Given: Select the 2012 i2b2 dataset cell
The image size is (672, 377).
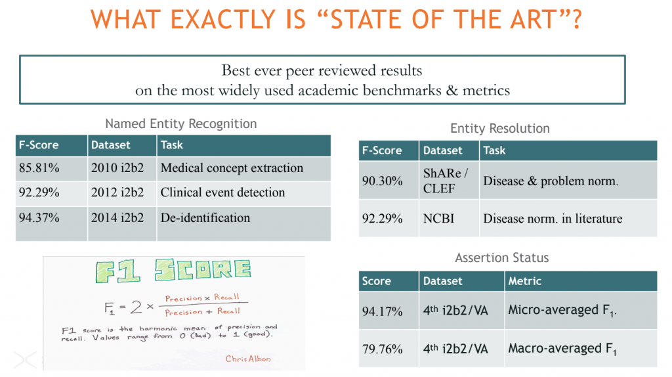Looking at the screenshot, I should [117, 192].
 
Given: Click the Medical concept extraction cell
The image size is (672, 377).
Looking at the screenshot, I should [232, 168].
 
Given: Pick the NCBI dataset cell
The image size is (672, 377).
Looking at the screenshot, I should [439, 219].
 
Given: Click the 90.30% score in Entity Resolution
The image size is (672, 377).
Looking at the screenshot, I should [383, 181].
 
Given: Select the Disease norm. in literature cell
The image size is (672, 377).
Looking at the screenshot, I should [553, 219].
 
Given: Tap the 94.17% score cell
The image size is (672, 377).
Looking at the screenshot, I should [383, 311].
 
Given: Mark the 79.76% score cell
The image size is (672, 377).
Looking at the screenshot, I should [383, 349].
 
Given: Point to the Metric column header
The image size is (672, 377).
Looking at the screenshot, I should [524, 281].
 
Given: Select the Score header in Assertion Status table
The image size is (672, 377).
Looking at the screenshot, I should [377, 281].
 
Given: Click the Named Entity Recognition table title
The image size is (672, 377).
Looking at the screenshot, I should [181, 123].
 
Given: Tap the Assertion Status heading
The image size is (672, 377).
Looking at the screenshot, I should [501, 258].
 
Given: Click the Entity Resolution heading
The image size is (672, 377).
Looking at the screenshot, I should [500, 129].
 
